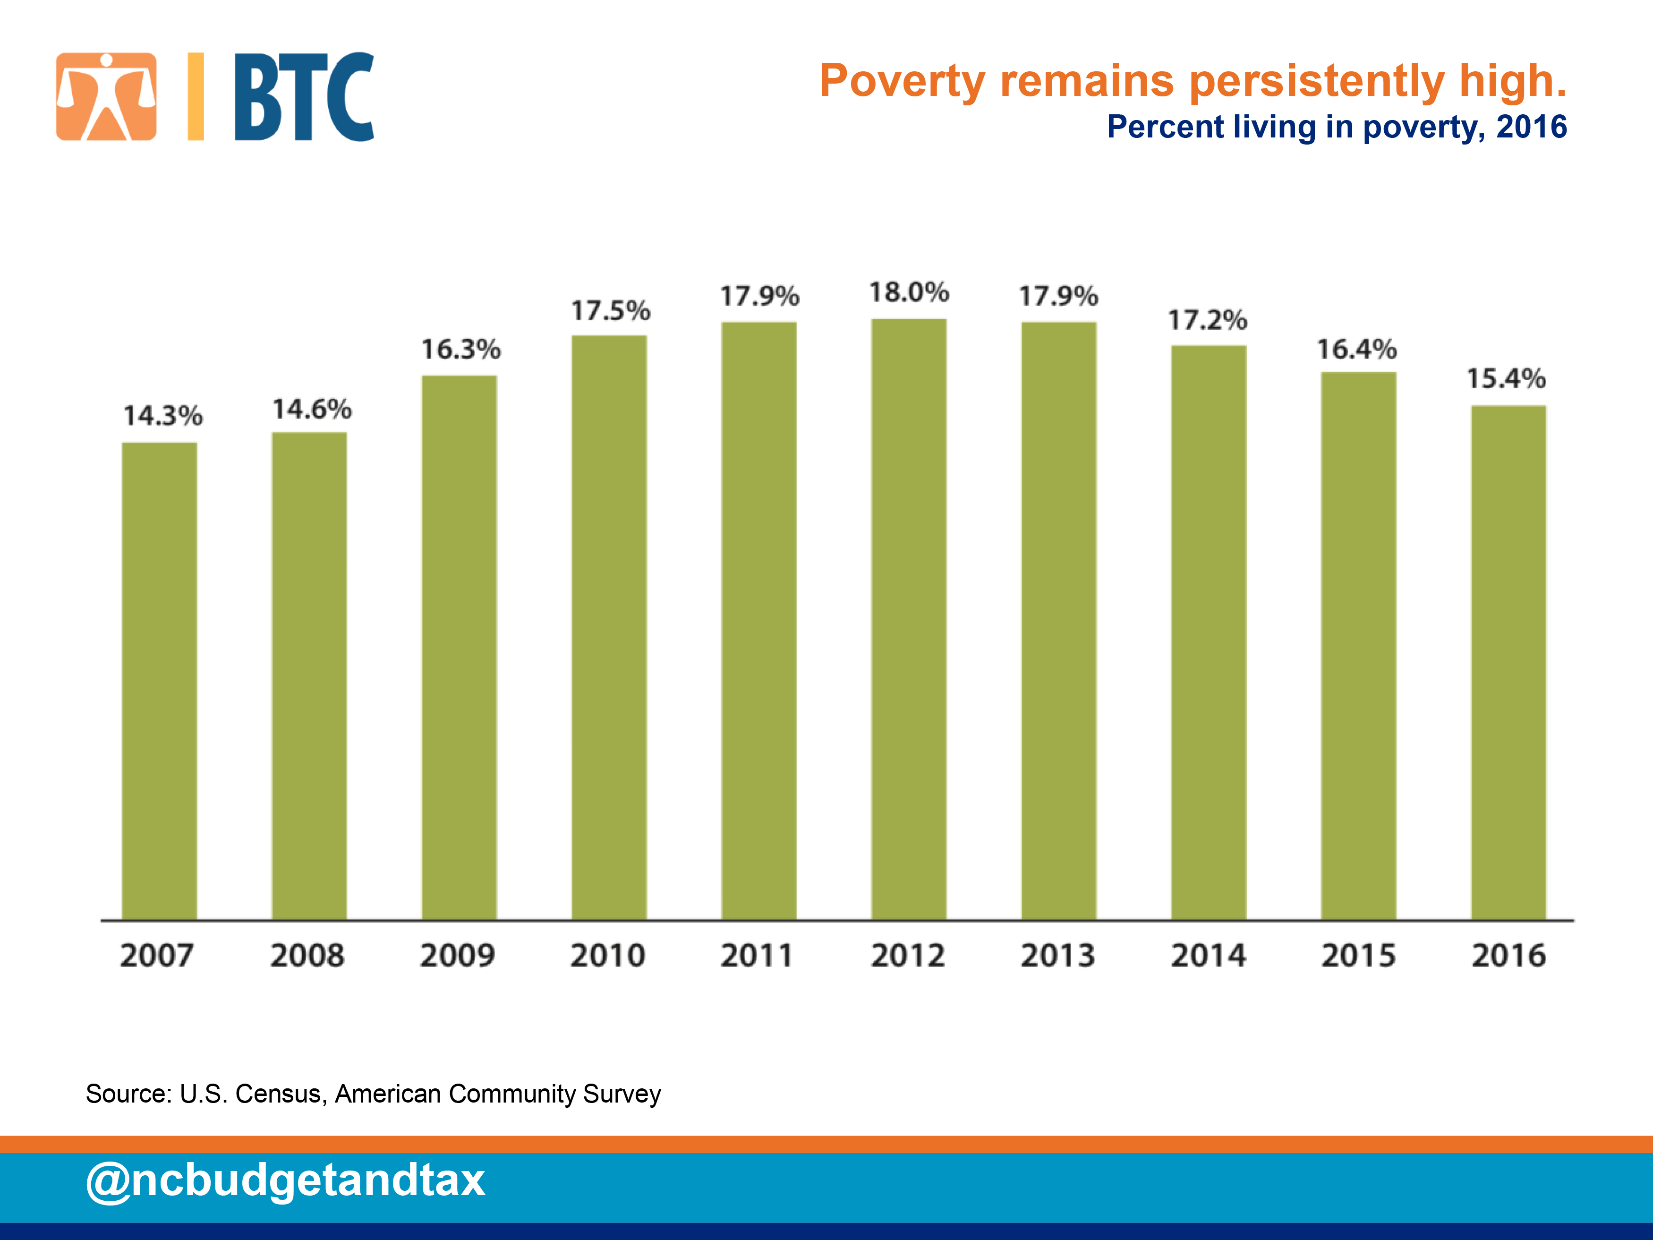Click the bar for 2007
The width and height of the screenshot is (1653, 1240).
(159, 681)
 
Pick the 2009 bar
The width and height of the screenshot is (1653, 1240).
(459, 647)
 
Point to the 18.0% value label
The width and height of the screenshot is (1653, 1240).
(909, 292)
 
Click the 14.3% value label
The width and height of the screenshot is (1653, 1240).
(163, 416)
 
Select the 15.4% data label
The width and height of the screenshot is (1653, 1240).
(1506, 378)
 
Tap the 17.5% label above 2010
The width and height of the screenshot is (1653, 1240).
(611, 311)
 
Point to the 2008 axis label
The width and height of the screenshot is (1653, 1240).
(307, 955)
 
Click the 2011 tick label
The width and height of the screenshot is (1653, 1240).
(756, 955)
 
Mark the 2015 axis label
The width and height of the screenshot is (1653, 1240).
(1358, 955)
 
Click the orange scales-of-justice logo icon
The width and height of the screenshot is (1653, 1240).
(106, 96)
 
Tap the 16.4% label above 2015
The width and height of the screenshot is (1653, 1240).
(1356, 349)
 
